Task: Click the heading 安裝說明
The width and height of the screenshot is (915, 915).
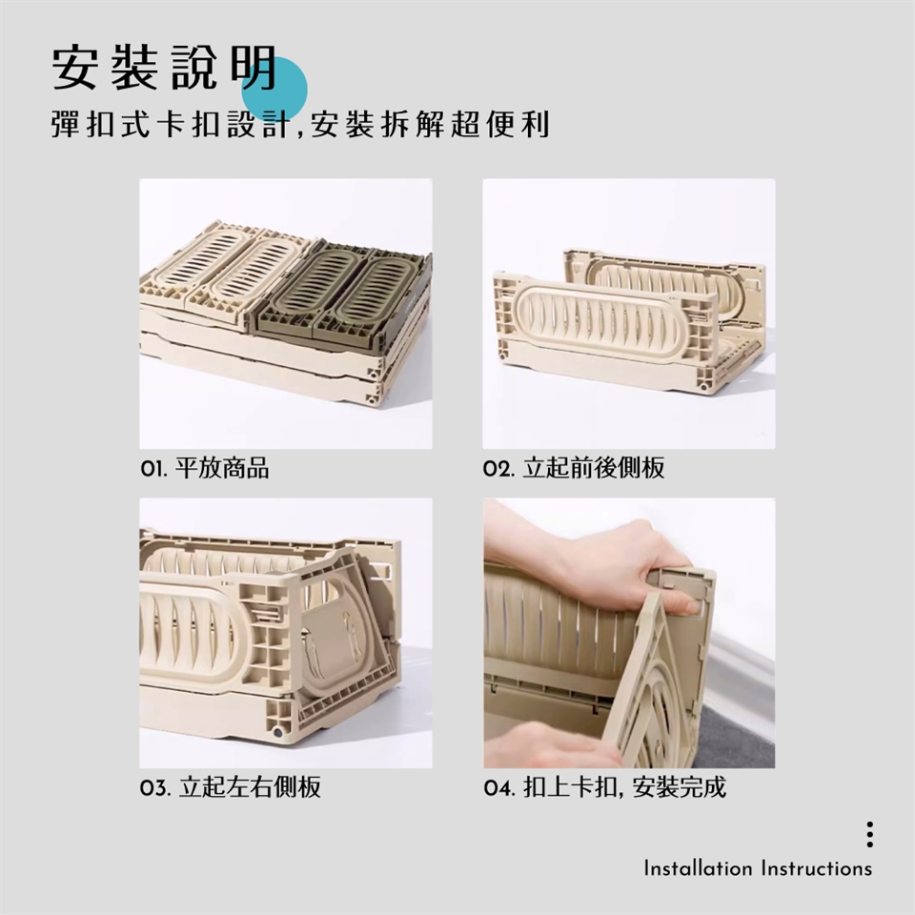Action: (x=165, y=68)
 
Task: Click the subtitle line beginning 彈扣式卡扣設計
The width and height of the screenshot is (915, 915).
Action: (x=300, y=124)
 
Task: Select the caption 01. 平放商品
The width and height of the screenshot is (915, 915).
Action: (x=205, y=469)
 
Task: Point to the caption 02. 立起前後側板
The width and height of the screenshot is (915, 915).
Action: (x=574, y=469)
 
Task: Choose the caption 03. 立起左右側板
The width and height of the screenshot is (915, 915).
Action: (x=231, y=787)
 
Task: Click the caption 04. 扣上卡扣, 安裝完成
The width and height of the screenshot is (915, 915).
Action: (x=605, y=787)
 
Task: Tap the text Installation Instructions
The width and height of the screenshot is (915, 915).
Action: (x=758, y=868)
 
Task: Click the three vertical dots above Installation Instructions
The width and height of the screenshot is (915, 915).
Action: (x=869, y=835)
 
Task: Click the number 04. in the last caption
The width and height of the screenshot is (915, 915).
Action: (x=499, y=788)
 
